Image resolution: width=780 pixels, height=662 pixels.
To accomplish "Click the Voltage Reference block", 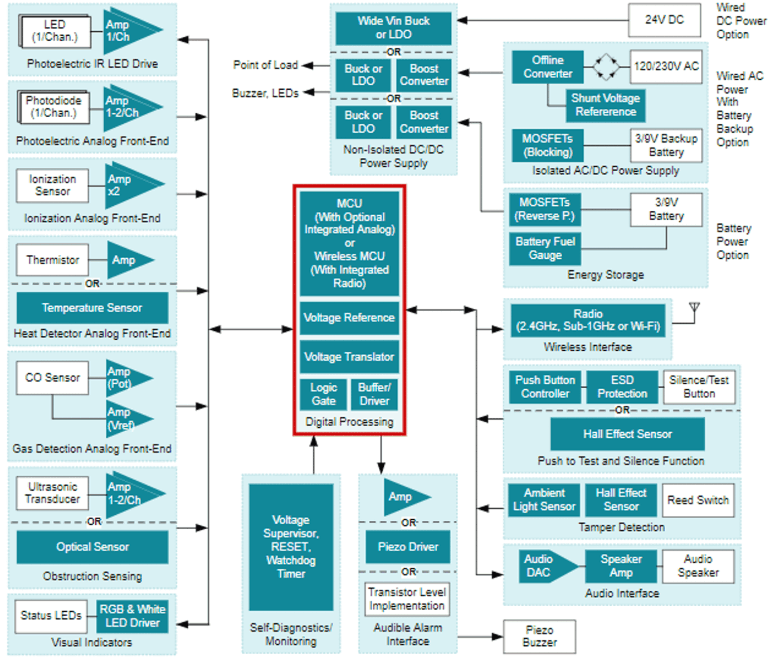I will [x=349, y=318].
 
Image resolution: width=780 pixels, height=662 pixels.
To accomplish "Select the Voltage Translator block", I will [x=349, y=357].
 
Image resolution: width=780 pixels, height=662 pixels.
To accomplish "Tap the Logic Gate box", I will [x=323, y=394].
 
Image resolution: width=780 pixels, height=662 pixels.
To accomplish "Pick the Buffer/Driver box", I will [x=374, y=394].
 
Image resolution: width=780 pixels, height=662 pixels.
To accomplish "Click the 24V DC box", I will [x=664, y=20].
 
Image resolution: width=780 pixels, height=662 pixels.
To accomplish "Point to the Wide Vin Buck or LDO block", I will [x=393, y=28].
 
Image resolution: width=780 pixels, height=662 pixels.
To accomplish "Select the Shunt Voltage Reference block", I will [x=606, y=105].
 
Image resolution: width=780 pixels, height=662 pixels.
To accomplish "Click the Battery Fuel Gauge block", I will [x=545, y=249].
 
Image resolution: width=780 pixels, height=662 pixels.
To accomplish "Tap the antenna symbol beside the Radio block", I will [x=694, y=310].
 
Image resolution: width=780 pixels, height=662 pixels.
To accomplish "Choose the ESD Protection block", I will [x=622, y=387].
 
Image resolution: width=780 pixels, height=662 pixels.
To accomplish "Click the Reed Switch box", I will [x=698, y=500].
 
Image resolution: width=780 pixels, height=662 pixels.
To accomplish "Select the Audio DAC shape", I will [x=543, y=566].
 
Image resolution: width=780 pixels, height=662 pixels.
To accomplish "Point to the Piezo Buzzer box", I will [x=539, y=636].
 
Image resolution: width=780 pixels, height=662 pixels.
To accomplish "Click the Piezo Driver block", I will [x=408, y=547].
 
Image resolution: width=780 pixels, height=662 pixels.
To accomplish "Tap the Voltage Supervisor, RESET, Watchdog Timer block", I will [x=291, y=547].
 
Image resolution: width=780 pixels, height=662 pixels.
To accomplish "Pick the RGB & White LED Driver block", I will [x=133, y=616].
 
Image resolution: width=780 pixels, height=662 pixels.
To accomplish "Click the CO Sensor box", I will [x=52, y=378].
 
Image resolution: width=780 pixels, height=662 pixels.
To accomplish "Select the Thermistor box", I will [x=52, y=260].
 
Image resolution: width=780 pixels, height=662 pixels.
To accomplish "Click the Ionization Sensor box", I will [x=52, y=185].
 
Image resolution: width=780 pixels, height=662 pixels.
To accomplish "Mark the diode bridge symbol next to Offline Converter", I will [x=606, y=67].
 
